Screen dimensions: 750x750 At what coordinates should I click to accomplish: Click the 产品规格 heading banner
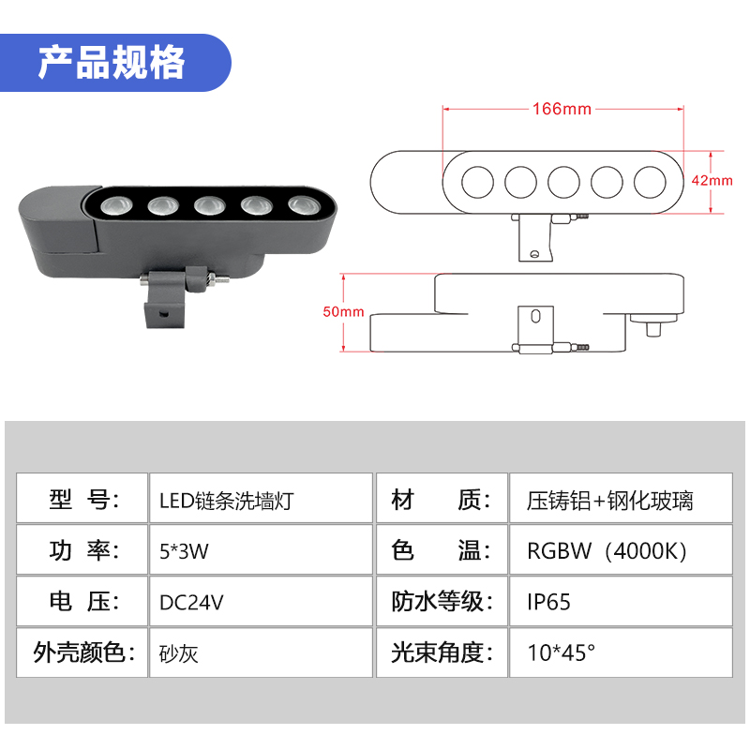pyautogui.click(x=112, y=63)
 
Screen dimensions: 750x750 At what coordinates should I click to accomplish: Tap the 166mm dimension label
pyautogui.click(x=562, y=109)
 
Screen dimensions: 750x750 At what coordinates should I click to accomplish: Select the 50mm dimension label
pyautogui.click(x=343, y=312)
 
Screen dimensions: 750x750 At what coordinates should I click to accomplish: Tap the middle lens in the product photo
pyautogui.click(x=208, y=203)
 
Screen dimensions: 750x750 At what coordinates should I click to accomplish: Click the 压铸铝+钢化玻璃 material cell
pyautogui.click(x=619, y=499)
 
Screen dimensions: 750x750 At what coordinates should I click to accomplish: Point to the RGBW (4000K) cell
pyautogui.click(x=619, y=550)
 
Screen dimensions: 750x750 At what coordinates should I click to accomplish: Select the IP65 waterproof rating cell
pyautogui.click(x=619, y=601)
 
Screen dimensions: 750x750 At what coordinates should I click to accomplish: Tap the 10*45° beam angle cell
pyautogui.click(x=619, y=652)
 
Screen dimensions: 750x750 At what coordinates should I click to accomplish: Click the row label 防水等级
pyautogui.click(x=441, y=601)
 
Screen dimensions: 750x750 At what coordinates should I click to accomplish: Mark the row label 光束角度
pyautogui.click(x=441, y=652)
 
